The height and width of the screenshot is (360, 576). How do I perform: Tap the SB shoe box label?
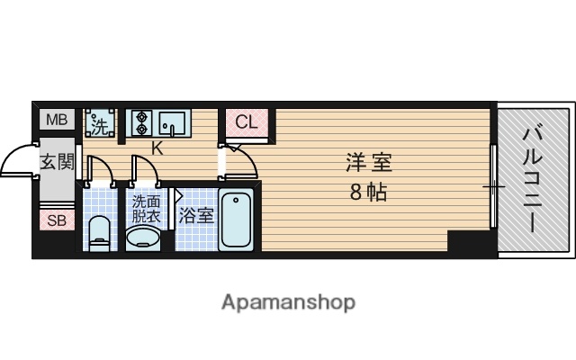[56, 220]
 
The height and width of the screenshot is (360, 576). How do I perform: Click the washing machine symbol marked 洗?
[100, 122]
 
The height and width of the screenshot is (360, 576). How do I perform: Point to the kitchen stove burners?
[141, 122]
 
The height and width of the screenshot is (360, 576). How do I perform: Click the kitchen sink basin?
[175, 122]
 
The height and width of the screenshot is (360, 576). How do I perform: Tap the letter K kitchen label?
[157, 148]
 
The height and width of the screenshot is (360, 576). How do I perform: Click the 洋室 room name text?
[370, 164]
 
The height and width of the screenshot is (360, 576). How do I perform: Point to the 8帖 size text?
[370, 191]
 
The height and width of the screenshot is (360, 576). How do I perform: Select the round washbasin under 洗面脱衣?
[144, 238]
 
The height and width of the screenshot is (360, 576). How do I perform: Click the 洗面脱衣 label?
[146, 209]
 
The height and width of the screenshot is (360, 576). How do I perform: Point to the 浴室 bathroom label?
[195, 216]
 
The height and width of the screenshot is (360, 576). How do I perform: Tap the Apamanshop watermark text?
[288, 301]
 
